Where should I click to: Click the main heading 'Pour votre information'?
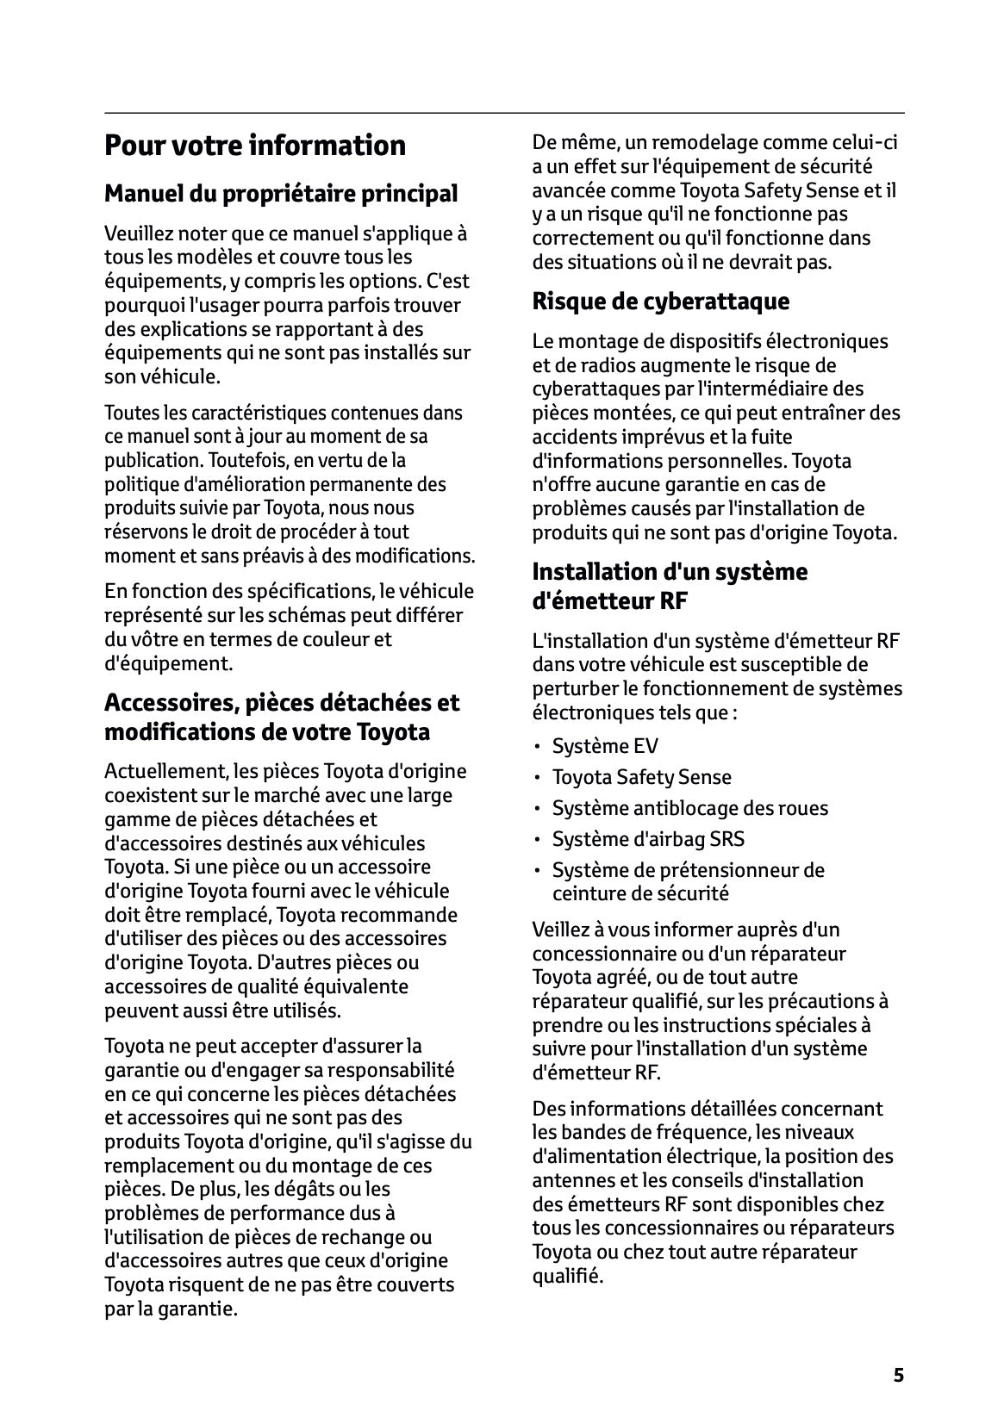254,145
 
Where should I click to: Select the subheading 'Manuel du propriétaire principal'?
281,193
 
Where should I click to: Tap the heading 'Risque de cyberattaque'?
660,302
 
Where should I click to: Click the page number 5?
898,1375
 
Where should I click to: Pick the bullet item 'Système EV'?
605,746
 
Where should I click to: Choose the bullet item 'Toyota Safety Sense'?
641,777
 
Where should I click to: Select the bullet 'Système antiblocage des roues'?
689,808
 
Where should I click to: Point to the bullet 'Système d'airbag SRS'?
648,839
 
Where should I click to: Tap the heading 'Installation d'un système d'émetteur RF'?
670,586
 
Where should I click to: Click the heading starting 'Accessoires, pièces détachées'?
282,717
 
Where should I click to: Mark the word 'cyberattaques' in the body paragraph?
586,389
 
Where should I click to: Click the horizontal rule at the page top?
503,113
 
